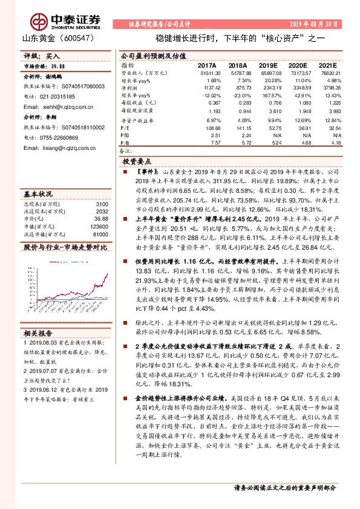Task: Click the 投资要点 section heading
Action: click(x=136, y=162)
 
